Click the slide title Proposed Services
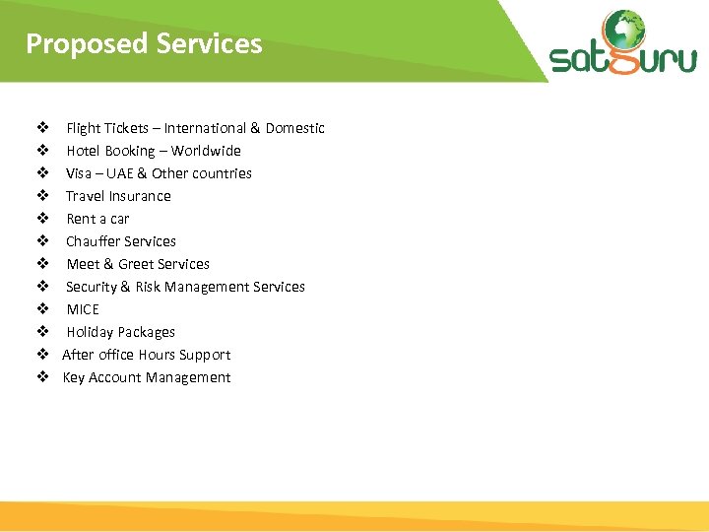(x=144, y=44)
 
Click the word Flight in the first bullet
(x=83, y=128)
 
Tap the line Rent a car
(x=97, y=219)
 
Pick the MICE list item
(x=83, y=309)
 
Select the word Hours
(x=158, y=355)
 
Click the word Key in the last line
(x=74, y=377)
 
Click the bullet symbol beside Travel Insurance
(x=43, y=196)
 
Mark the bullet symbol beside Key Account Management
(x=43, y=377)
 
